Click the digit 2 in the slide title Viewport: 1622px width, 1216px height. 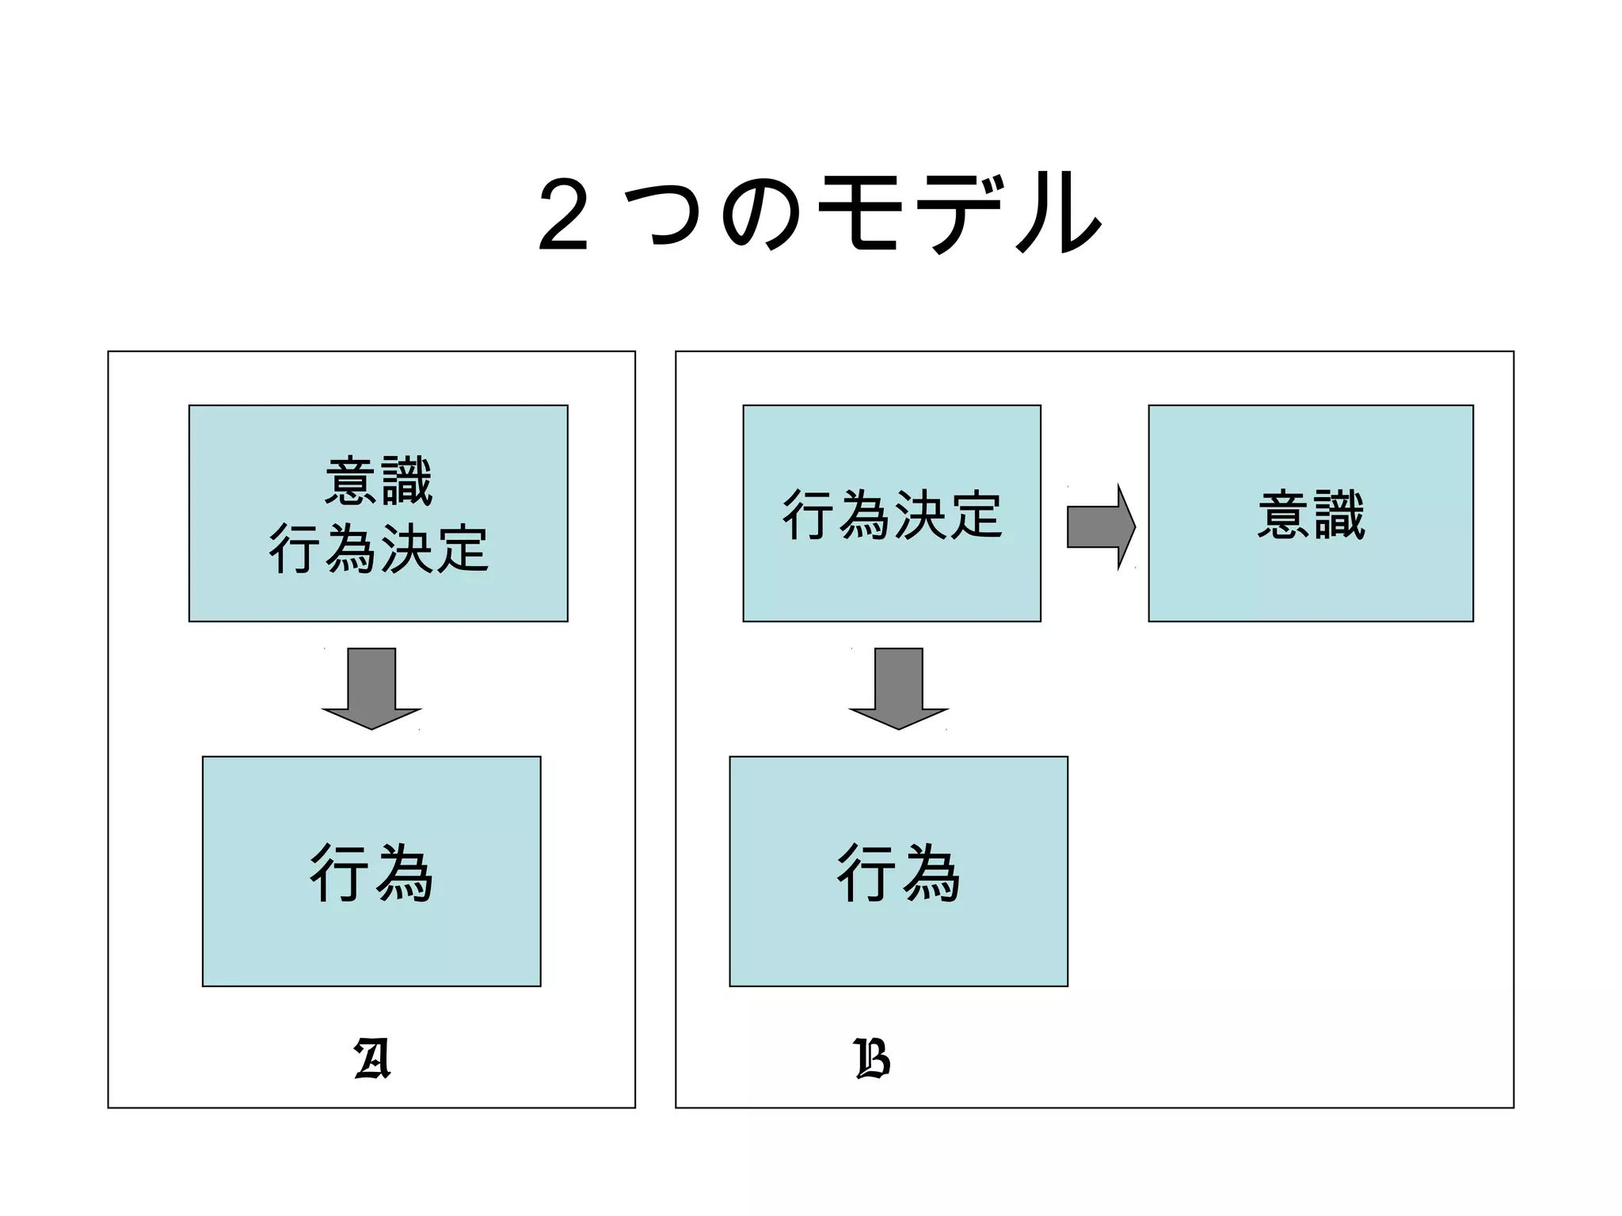click(x=563, y=215)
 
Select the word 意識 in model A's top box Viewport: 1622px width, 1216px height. click(x=379, y=481)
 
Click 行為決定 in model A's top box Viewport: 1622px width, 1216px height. click(x=379, y=548)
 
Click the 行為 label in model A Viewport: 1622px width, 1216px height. click(x=371, y=872)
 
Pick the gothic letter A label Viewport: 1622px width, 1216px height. click(x=372, y=1059)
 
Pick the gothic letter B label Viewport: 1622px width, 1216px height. click(x=873, y=1059)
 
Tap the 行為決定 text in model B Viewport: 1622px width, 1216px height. click(x=892, y=515)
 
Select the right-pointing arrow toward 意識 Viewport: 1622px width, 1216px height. click(x=1101, y=526)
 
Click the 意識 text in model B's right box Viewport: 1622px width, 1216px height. click(x=1311, y=515)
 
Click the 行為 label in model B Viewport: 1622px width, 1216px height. click(x=899, y=872)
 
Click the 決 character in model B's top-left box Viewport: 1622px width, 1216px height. click(x=920, y=515)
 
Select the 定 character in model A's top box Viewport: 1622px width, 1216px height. click(x=462, y=548)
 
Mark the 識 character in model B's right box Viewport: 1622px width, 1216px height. click(x=1339, y=515)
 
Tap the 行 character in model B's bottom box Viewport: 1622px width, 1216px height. click(x=866, y=872)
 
